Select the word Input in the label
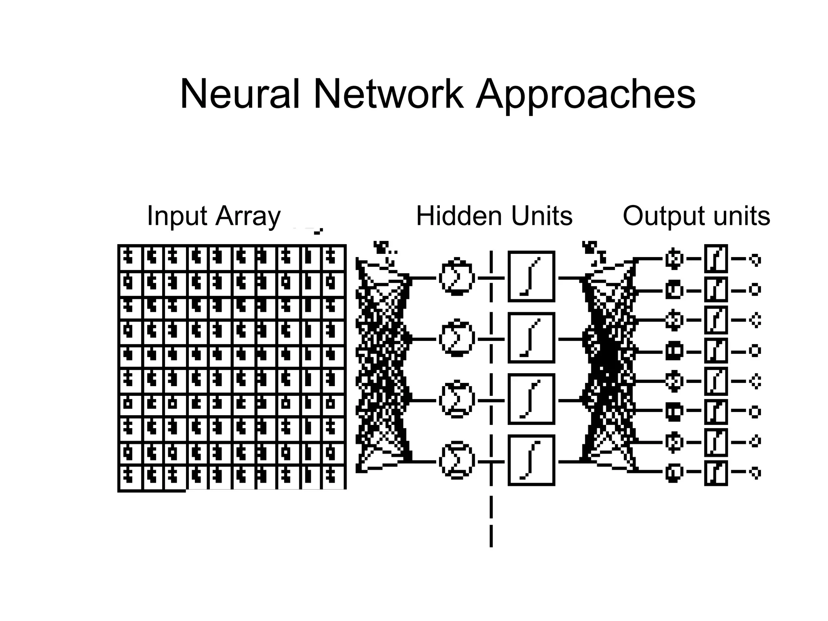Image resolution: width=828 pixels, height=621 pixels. pos(177,216)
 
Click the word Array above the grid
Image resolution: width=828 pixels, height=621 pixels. pos(248,216)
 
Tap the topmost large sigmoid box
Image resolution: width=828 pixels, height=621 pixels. pos(531,277)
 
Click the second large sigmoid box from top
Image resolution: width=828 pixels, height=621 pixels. pos(531,338)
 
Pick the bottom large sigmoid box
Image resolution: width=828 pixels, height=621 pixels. pos(531,460)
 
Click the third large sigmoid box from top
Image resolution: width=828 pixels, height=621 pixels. pos(531,399)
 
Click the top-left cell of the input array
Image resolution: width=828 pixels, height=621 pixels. pos(130,258)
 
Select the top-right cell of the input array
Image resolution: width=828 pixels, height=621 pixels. pos(333,258)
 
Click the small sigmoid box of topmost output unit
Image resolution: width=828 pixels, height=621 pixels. pos(716,258)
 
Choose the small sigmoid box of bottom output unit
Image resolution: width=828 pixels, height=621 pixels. pos(716,473)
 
